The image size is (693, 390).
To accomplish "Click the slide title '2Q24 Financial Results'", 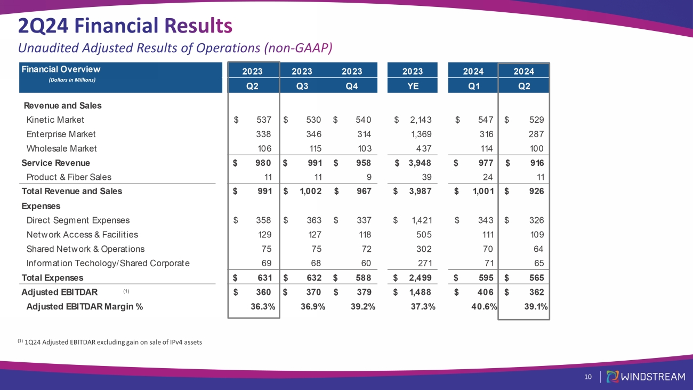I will pos(125,25).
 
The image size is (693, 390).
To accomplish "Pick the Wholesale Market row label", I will pos(61,148).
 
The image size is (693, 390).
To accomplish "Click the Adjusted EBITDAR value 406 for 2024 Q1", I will pos(484,292).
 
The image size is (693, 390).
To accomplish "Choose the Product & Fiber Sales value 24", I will pos(487,177).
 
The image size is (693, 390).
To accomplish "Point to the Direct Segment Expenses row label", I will pos(78,220).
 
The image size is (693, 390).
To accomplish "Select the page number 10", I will pos(588,377).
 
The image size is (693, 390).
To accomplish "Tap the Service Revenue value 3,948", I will pos(420,163).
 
